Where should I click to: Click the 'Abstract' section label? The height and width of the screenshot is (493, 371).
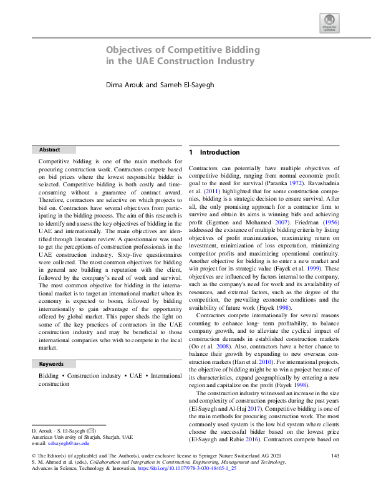50,150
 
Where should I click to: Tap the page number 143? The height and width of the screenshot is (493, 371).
335,457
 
